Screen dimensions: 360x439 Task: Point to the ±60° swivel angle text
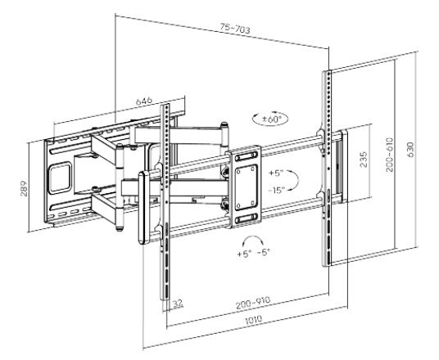[x=272, y=119]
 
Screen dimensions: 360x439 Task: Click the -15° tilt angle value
[x=276, y=189]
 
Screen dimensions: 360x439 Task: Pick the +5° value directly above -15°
[x=276, y=173]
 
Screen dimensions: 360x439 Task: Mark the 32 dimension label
[x=177, y=302]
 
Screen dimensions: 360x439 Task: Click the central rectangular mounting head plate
[x=245, y=184]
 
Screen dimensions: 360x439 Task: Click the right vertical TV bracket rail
[x=329, y=168]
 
